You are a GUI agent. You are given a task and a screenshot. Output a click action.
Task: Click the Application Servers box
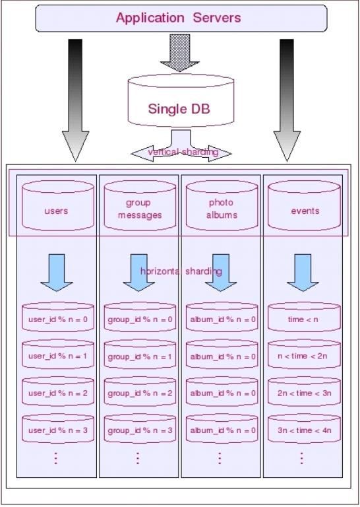pos(181,18)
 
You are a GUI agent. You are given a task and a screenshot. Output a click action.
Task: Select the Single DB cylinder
pos(181,101)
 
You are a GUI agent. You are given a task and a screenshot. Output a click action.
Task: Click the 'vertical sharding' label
pos(183,151)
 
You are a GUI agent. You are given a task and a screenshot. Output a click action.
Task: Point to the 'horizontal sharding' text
pos(181,271)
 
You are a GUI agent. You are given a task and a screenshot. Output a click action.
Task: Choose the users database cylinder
pos(58,205)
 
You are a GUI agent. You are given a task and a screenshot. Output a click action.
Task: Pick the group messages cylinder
pos(140,205)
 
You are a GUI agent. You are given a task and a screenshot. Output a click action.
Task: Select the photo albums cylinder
pos(222,205)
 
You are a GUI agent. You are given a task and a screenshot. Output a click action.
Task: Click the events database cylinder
pos(304,205)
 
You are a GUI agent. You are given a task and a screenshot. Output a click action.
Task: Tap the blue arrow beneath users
pos(57,272)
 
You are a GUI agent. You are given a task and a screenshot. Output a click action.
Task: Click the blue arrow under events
pos(303,272)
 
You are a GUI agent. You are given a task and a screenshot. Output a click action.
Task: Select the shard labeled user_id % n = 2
pos(58,391)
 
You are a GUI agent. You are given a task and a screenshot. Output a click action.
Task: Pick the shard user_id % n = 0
pos(58,317)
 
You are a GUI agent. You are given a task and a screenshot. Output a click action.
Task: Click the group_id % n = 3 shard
pos(140,428)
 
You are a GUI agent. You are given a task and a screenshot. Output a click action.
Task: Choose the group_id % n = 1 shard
pos(140,355)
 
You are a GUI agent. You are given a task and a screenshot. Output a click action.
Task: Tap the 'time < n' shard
pos(304,317)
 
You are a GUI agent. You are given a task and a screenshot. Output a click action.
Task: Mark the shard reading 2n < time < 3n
pos(304,391)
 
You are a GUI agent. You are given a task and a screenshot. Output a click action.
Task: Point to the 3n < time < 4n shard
pos(304,428)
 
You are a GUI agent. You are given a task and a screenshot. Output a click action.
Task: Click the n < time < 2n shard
pos(304,355)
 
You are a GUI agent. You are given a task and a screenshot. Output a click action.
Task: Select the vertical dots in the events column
pos(301,458)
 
